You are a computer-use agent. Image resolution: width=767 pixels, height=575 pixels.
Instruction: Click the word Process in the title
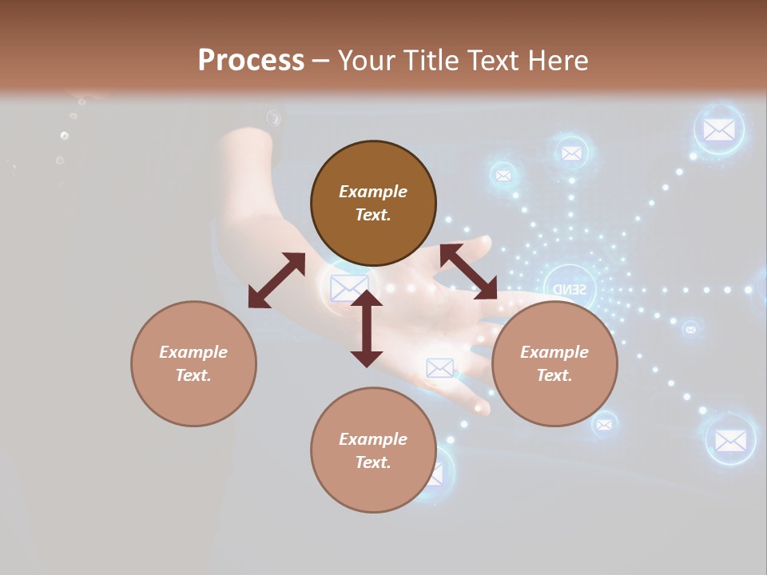[251, 61]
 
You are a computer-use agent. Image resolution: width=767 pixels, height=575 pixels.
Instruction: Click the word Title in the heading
[428, 61]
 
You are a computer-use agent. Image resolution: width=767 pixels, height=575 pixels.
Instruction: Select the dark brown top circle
[373, 203]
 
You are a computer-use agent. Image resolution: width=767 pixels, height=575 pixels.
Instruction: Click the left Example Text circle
[193, 363]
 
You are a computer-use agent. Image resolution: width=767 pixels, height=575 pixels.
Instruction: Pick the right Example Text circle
[554, 363]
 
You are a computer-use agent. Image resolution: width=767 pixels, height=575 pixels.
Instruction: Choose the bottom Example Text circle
[373, 450]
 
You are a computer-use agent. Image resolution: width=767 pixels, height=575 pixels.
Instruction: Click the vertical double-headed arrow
[367, 328]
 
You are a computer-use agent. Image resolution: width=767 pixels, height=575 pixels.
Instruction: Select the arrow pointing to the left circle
[276, 280]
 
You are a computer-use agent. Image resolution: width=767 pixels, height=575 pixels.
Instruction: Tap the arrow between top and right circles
[468, 272]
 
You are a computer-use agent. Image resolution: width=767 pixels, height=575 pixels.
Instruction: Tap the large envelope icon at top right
[719, 129]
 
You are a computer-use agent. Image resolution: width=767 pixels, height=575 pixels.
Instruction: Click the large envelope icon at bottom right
[730, 439]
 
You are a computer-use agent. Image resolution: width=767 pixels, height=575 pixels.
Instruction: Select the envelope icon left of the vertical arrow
[348, 287]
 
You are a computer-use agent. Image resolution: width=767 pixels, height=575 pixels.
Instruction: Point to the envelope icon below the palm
[439, 367]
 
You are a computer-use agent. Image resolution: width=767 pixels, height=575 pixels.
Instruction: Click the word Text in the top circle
[373, 215]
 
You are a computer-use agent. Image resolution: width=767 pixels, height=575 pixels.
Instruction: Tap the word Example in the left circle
[193, 352]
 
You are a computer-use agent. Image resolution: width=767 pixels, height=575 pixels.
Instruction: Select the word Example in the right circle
[554, 352]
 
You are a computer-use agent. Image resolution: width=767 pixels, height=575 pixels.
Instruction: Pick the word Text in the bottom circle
[373, 462]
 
